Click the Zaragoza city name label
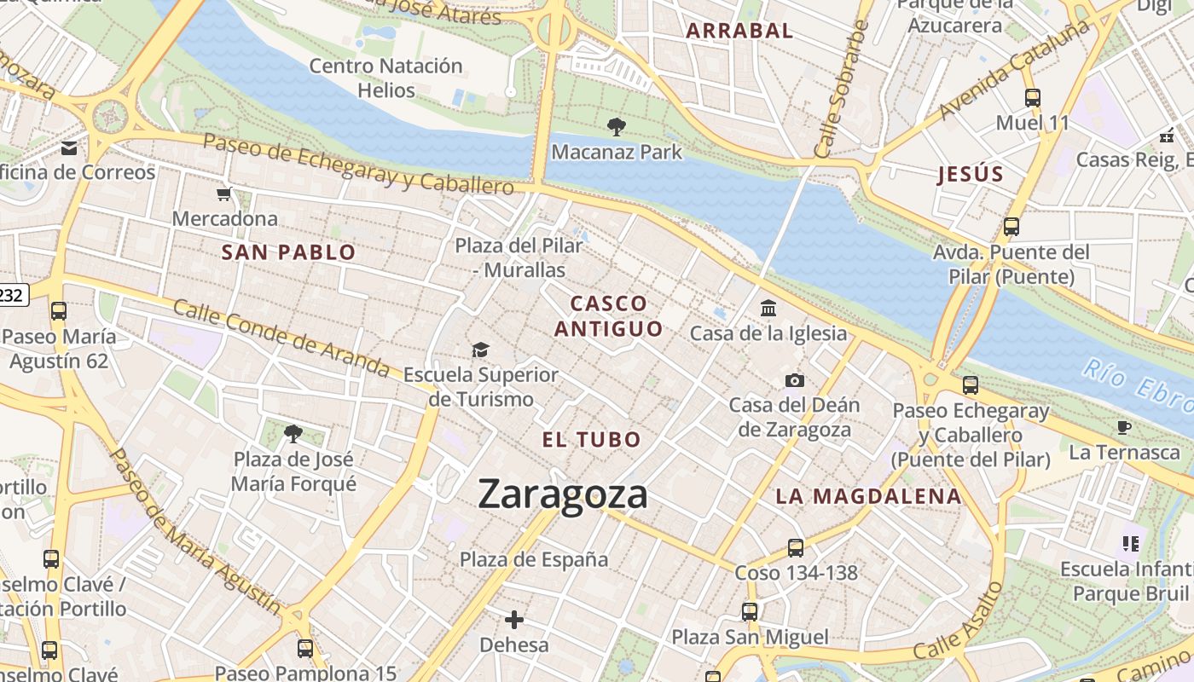(563, 494)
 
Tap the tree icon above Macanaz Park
(616, 128)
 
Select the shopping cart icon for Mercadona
(224, 194)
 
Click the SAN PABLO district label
(288, 252)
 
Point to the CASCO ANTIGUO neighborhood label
(608, 316)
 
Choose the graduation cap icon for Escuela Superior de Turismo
(481, 350)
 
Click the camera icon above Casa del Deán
(794, 380)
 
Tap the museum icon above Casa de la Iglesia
(768, 308)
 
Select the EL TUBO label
(592, 440)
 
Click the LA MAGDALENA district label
(868, 496)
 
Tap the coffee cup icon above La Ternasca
(1123, 427)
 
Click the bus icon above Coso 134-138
(796, 548)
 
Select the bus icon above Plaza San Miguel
(749, 612)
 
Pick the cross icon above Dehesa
(513, 620)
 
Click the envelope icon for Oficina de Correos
(69, 148)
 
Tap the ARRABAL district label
(739, 31)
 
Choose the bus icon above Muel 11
(1032, 98)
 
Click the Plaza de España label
(534, 559)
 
